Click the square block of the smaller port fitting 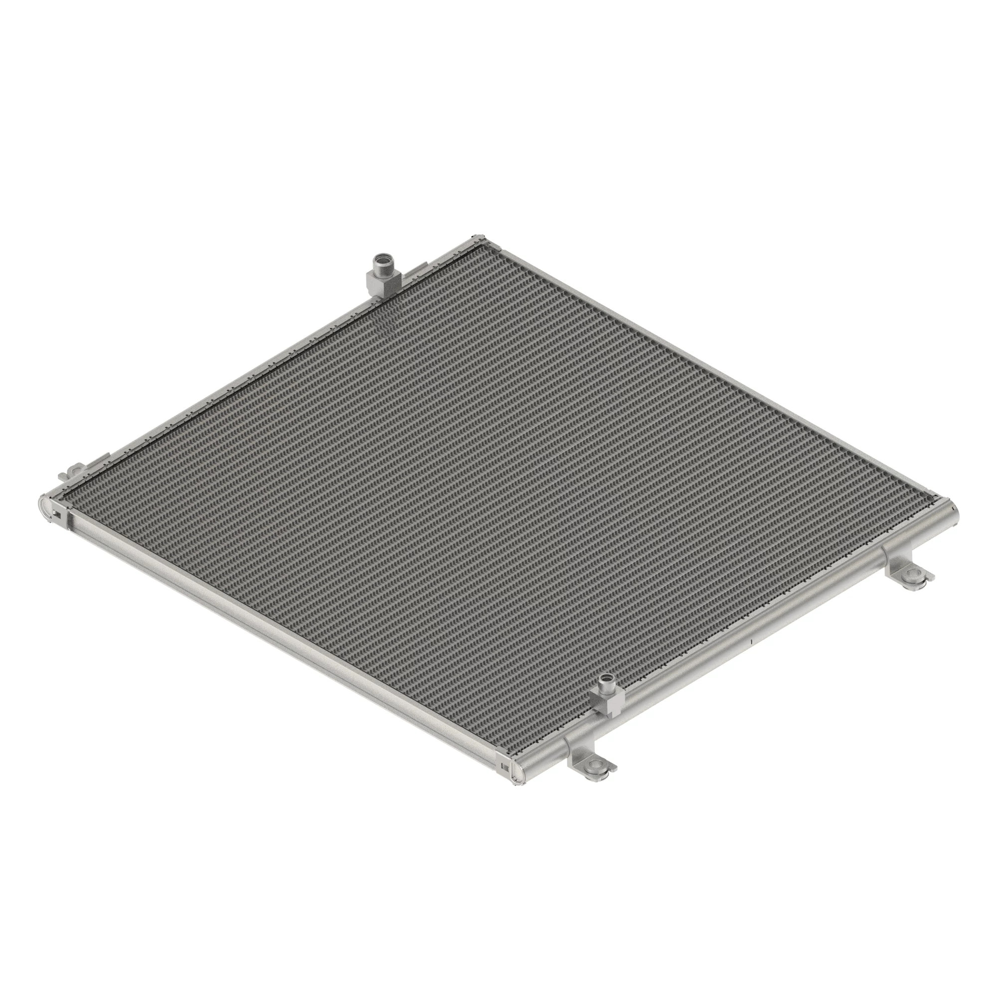point(609,702)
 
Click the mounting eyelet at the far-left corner point(76,470)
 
